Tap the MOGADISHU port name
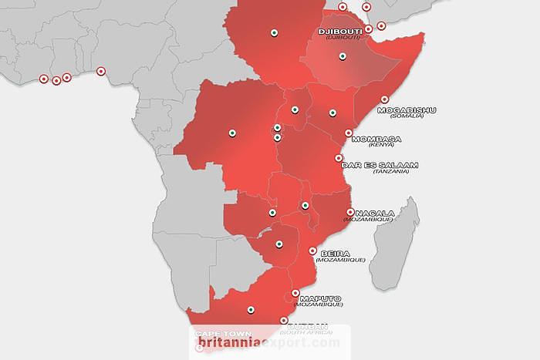pos(407,109)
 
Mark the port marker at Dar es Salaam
pos(338,158)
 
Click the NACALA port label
pos(374,213)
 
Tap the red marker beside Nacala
pos(350,212)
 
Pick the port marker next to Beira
pos(312,251)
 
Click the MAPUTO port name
pos(320,299)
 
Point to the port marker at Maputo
pos(295,294)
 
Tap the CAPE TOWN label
pos(218,334)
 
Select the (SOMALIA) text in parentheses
pos(407,116)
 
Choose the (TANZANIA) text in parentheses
pos(390,171)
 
